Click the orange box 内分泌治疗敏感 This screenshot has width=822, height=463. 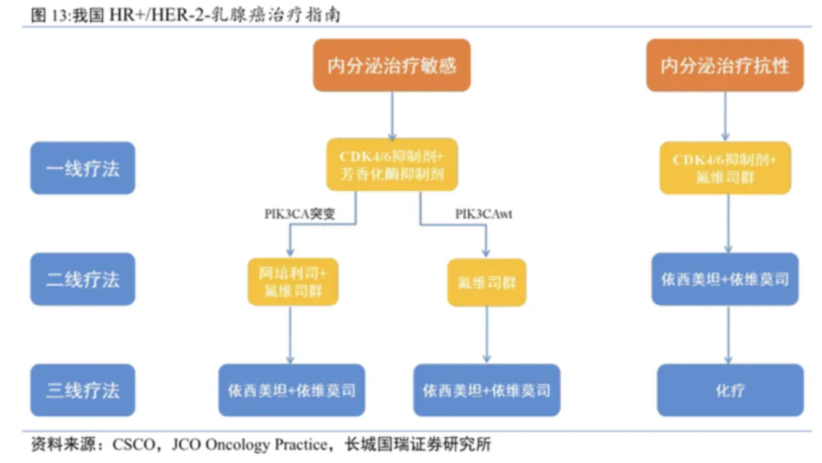pyautogui.click(x=392, y=66)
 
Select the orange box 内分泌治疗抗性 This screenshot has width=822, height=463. pyautogui.click(x=725, y=66)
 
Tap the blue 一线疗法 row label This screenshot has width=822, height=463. pyautogui.click(x=82, y=168)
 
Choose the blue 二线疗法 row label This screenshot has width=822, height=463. pyautogui.click(x=82, y=279)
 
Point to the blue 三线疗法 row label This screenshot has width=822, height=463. pyautogui.click(x=82, y=391)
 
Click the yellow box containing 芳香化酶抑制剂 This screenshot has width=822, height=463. pyautogui.click(x=392, y=165)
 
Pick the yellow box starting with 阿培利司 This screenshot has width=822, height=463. pyautogui.click(x=293, y=281)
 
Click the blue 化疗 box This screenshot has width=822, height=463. pyautogui.click(x=729, y=391)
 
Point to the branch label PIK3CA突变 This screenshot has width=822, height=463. pyautogui.click(x=299, y=214)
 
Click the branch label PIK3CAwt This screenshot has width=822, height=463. pyautogui.click(x=484, y=214)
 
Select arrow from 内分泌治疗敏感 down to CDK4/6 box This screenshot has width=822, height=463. pyautogui.click(x=392, y=114)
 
